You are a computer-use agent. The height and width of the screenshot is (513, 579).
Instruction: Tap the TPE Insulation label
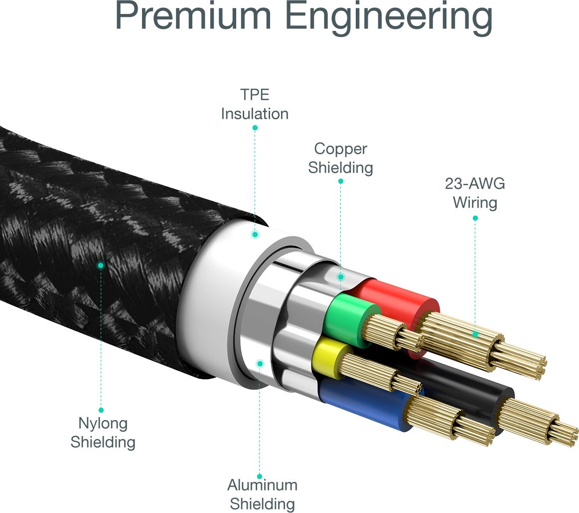pyautogui.click(x=255, y=104)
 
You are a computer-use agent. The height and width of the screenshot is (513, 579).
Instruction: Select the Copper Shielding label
pyautogui.click(x=340, y=158)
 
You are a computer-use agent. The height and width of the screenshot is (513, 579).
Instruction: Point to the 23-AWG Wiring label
pyautogui.click(x=474, y=193)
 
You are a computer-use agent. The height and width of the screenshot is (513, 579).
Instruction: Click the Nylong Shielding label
pyautogui.click(x=103, y=432)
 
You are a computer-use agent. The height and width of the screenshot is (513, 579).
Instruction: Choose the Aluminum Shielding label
pyautogui.click(x=262, y=494)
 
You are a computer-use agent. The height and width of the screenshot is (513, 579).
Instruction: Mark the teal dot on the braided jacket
pyautogui.click(x=101, y=265)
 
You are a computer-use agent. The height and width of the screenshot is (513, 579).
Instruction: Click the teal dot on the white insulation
pyautogui.click(x=255, y=234)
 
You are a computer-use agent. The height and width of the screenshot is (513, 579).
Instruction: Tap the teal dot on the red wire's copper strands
pyautogui.click(x=475, y=334)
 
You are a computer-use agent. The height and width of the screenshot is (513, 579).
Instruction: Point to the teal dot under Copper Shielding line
pyautogui.click(x=341, y=276)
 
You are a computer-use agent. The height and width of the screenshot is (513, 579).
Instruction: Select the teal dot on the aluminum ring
pyautogui.click(x=260, y=364)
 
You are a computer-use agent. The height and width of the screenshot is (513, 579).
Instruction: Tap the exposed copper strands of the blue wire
pyautogui.click(x=448, y=419)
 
